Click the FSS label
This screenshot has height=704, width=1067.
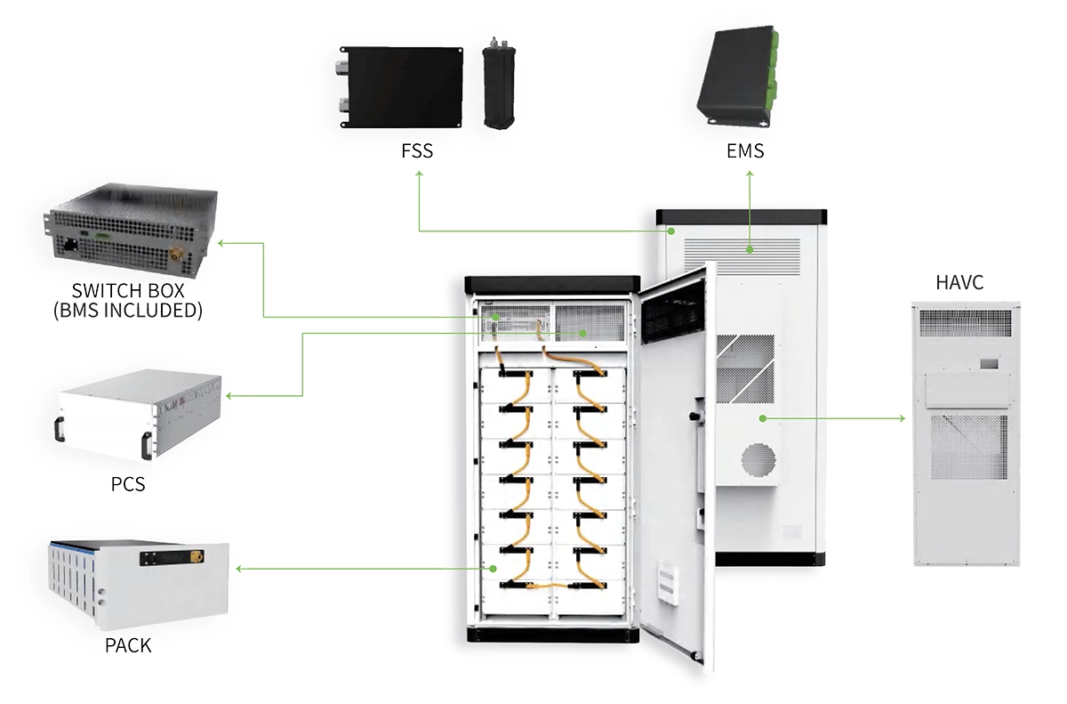(416, 150)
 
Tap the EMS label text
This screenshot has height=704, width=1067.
(745, 150)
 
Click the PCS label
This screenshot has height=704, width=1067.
(128, 486)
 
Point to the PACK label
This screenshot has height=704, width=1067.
(128, 645)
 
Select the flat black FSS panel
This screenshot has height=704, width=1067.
(404, 86)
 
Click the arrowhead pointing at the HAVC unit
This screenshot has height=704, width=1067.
(902, 417)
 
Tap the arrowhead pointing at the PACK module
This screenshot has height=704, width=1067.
(239, 568)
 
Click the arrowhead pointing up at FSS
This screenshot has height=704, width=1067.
(420, 175)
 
